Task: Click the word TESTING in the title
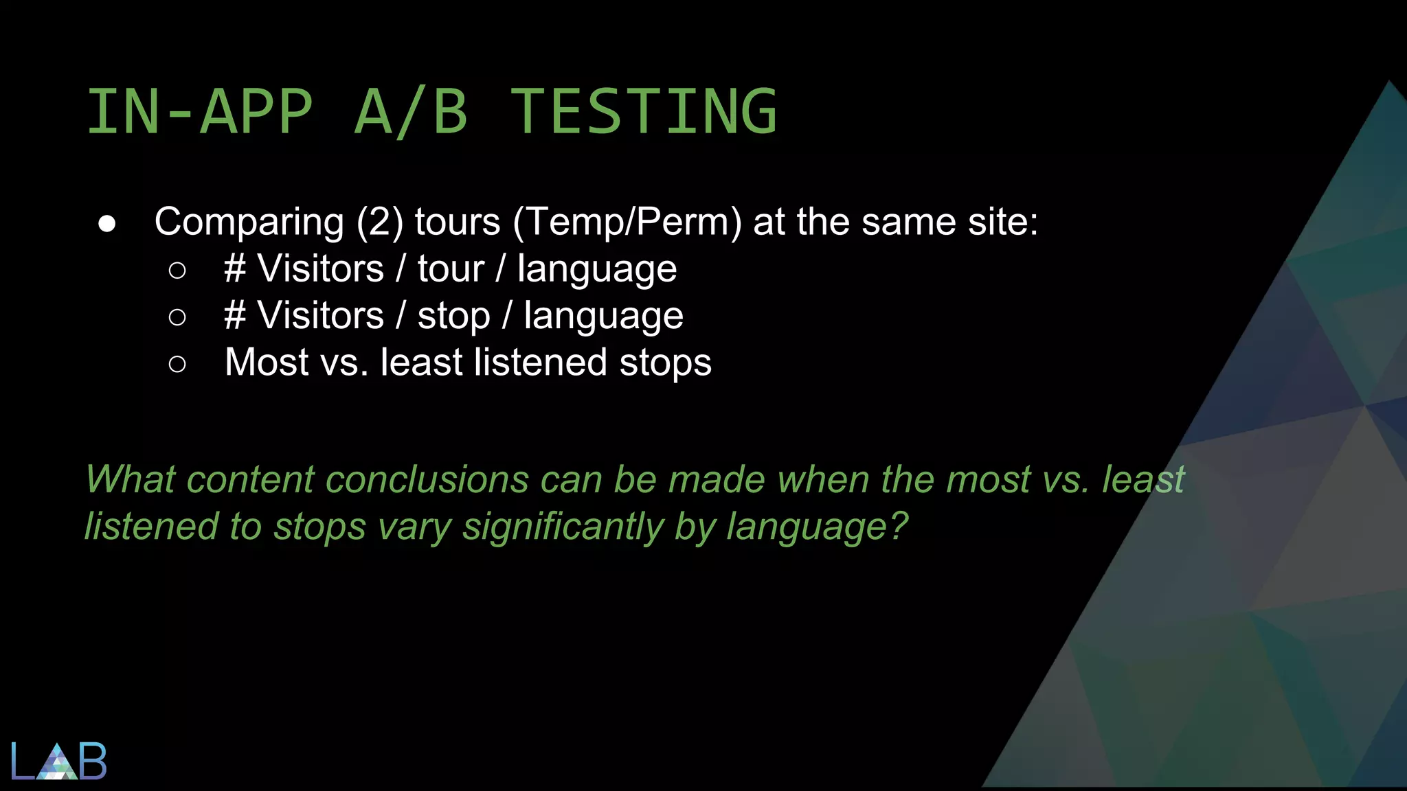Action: click(x=644, y=111)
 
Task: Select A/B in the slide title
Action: click(x=411, y=111)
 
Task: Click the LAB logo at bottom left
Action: click(x=59, y=761)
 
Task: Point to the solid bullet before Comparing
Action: click(x=107, y=224)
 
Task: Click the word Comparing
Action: click(x=249, y=222)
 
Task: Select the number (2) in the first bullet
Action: click(x=379, y=222)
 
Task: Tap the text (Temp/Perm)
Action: click(x=627, y=222)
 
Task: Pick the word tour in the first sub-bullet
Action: click(x=451, y=268)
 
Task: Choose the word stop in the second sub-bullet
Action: click(x=453, y=317)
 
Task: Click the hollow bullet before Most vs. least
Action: click(x=177, y=364)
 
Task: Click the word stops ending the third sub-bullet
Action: click(x=664, y=363)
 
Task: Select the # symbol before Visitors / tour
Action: click(x=234, y=268)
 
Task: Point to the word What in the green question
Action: click(x=131, y=479)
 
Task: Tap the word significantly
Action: click(x=563, y=527)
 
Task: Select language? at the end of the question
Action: click(x=818, y=527)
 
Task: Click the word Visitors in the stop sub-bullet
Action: click(x=320, y=316)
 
